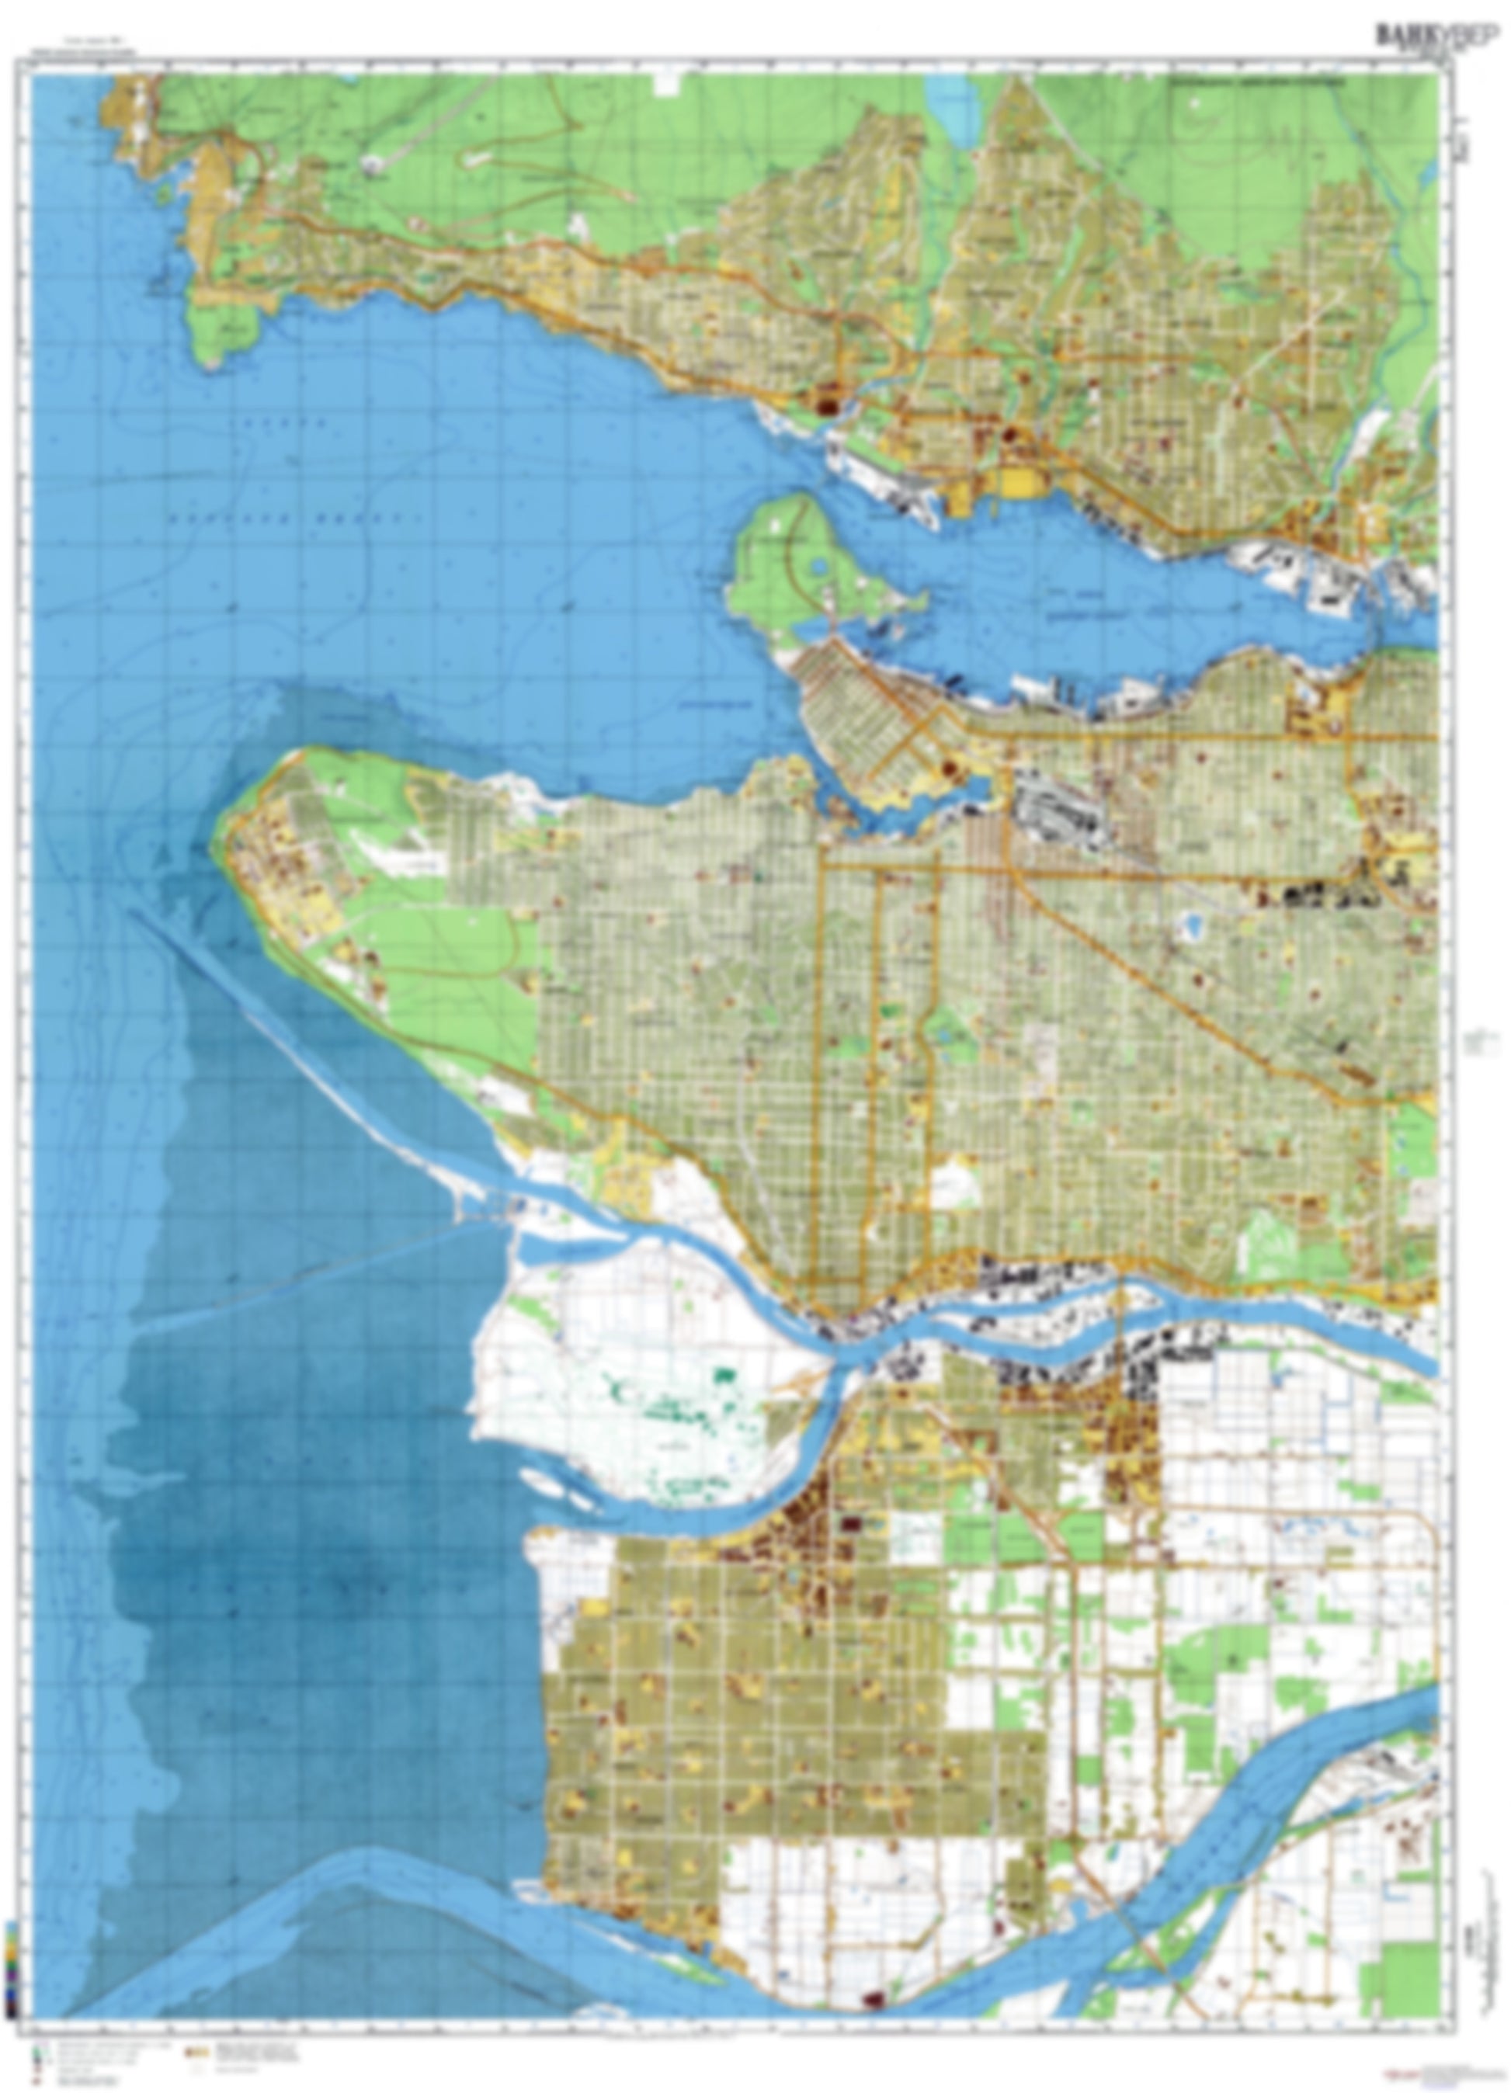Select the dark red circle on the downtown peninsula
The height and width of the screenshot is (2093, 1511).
click(948, 767)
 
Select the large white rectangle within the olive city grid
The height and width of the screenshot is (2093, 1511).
click(954, 1183)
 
